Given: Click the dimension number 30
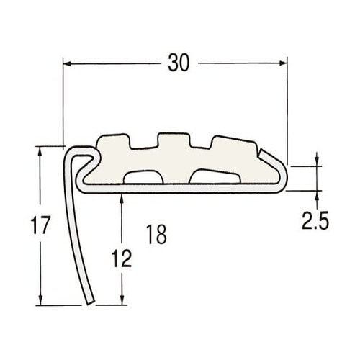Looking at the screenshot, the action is pyautogui.click(x=179, y=63).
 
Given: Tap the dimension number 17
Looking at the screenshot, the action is pyautogui.click(x=40, y=225).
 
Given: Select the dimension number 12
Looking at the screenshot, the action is pyautogui.click(x=122, y=258).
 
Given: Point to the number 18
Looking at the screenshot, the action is pyautogui.click(x=156, y=234).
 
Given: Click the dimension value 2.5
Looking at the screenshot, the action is pyautogui.click(x=315, y=220).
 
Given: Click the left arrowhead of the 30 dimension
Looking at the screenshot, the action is pyautogui.click(x=67, y=64).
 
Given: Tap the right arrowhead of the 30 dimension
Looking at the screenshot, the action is pyautogui.click(x=283, y=63).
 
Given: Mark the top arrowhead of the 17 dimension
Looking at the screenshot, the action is pyautogui.click(x=40, y=150).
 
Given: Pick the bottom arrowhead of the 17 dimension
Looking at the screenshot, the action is pyautogui.click(x=40, y=301).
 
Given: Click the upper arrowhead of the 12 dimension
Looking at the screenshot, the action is pyautogui.click(x=122, y=198).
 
